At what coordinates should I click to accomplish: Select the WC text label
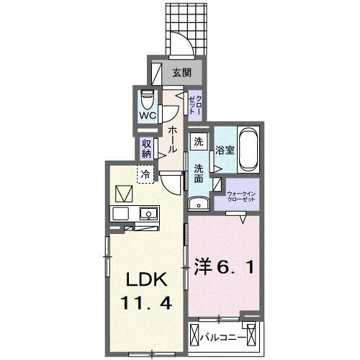coord(148,115)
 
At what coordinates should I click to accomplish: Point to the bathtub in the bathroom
coord(248,149)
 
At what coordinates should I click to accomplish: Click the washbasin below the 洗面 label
coord(201,203)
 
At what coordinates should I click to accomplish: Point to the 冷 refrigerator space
coord(146,174)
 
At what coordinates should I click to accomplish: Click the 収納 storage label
coord(146,148)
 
